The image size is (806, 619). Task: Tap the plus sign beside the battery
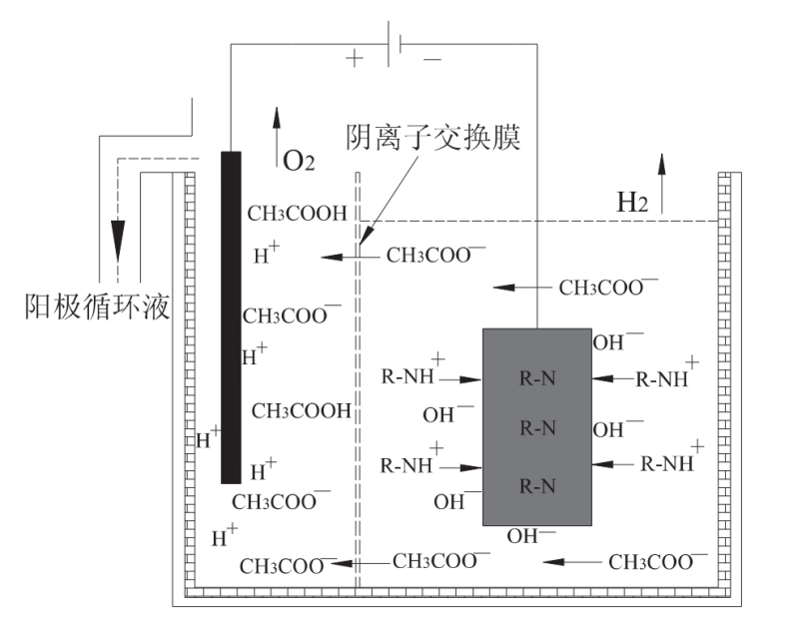tap(354, 59)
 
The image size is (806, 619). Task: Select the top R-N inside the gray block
tap(537, 378)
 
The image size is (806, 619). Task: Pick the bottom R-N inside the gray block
tap(537, 486)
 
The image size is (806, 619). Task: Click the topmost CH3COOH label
tap(297, 213)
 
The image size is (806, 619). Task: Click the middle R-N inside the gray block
tap(537, 428)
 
